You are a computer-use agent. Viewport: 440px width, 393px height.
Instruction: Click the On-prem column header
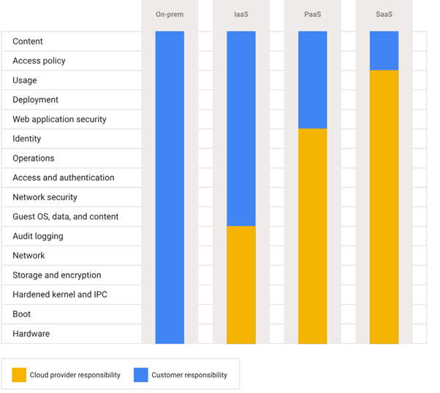(x=170, y=14)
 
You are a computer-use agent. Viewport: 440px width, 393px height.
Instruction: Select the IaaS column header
(x=240, y=14)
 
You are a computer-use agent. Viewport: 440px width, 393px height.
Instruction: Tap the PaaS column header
(x=313, y=14)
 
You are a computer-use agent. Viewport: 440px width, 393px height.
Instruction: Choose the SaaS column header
(x=384, y=14)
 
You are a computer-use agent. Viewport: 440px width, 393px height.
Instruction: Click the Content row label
(x=28, y=42)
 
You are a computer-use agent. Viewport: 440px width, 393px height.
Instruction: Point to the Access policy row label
(x=39, y=61)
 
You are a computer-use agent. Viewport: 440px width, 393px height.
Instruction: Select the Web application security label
(x=59, y=119)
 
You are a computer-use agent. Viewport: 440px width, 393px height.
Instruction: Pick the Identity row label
(x=27, y=139)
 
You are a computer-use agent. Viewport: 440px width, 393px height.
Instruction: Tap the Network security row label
(x=45, y=197)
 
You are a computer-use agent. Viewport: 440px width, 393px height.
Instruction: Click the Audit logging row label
(x=38, y=236)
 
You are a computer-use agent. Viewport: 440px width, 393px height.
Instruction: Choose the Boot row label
(x=21, y=314)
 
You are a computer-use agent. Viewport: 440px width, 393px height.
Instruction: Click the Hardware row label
(x=31, y=334)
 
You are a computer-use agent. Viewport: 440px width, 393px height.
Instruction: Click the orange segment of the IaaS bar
(x=241, y=285)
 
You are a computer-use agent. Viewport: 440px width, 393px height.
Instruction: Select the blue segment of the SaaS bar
(x=384, y=50)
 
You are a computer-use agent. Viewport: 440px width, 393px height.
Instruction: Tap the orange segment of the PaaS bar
(x=313, y=236)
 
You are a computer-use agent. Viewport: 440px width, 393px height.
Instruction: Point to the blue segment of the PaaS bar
(x=313, y=80)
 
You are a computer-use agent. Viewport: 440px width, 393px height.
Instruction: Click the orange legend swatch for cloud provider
(x=19, y=375)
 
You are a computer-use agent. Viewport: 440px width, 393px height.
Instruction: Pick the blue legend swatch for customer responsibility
(x=141, y=375)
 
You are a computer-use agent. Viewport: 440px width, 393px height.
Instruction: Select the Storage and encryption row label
(x=57, y=275)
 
